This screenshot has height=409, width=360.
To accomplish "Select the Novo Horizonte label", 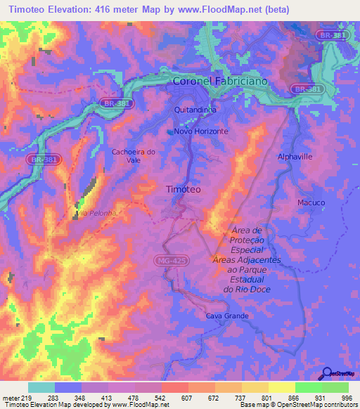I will [202, 131].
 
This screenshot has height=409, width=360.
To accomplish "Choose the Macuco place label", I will [311, 202].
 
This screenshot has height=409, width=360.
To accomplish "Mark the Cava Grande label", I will [227, 316].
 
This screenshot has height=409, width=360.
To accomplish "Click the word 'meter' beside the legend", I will [11, 397].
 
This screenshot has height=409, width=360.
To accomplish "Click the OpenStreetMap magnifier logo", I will [327, 373].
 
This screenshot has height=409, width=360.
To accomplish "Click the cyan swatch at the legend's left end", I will [41, 387].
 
